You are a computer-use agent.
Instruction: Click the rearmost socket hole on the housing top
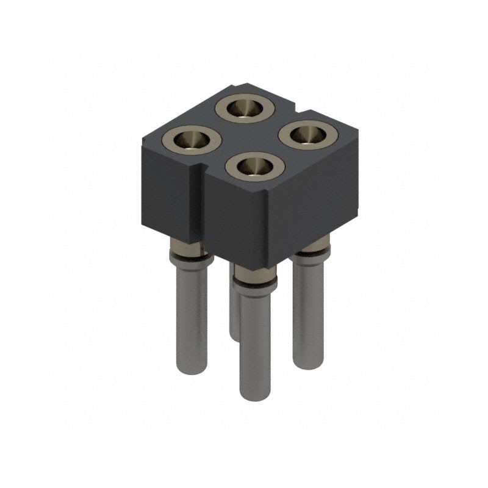[245, 109]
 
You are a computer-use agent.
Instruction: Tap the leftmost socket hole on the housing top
[190, 140]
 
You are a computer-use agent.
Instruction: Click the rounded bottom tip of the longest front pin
[255, 395]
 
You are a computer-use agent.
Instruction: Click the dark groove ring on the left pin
[193, 256]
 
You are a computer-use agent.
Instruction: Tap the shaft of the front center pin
[255, 342]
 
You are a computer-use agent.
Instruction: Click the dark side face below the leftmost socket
[168, 189]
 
